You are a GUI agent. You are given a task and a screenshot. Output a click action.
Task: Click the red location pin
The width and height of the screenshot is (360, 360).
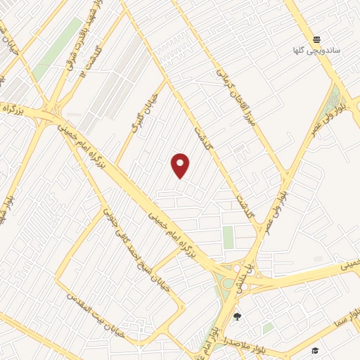pyautogui.click(x=180, y=165)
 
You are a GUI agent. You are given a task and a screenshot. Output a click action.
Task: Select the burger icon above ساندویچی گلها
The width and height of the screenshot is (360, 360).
pyautogui.click(x=317, y=39)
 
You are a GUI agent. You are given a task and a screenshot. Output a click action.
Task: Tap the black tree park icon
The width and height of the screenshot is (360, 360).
pyautogui.click(x=237, y=316)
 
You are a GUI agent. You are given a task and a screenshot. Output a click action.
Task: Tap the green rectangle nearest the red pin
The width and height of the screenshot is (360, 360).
pyautogui.click(x=228, y=238)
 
